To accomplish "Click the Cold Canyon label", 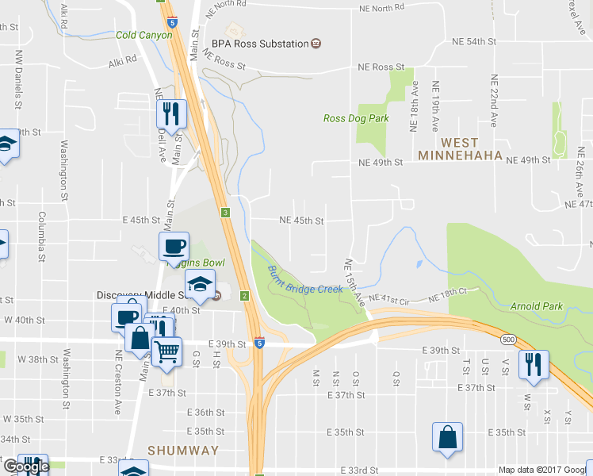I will [x=143, y=36].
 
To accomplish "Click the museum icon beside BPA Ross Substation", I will [x=316, y=43].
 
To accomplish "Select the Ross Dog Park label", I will [x=356, y=118].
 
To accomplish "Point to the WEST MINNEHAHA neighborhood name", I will [x=460, y=149].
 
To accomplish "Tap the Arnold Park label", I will [x=537, y=306].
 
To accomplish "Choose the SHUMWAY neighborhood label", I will [x=182, y=451].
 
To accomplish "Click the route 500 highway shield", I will [x=507, y=338].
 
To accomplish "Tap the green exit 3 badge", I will [x=226, y=213].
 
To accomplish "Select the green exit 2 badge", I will [x=245, y=296].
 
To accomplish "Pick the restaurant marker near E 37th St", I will [x=530, y=364].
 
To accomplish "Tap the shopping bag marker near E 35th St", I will [x=447, y=437].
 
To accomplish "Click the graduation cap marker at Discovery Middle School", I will [x=200, y=283].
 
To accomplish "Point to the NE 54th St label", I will [x=472, y=40].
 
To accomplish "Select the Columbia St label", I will [x=40, y=236].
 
